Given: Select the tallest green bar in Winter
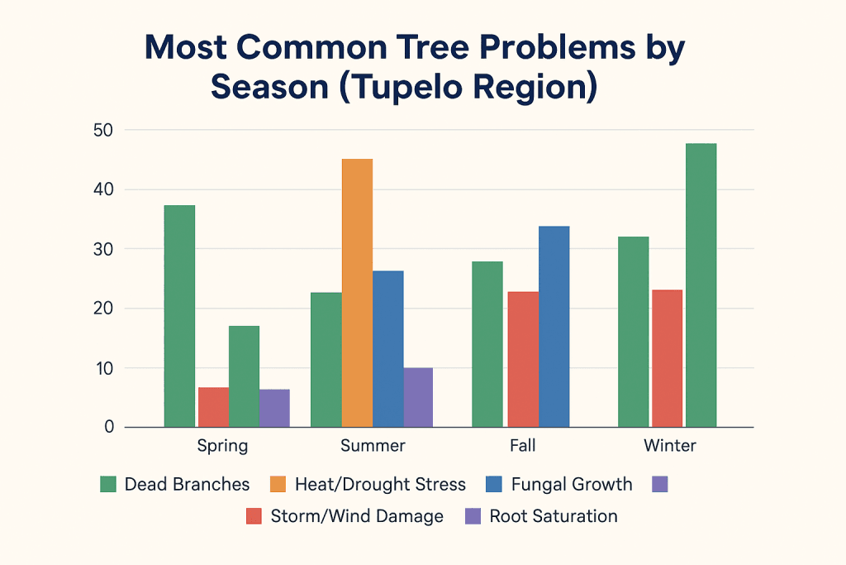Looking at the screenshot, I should point(701,285).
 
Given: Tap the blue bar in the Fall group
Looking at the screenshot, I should point(554,327).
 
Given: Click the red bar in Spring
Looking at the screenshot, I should point(213,407).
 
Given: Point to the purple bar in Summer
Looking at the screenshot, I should point(418,397).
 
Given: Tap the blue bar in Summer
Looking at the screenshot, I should point(387,348).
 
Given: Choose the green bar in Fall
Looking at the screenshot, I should point(487,344).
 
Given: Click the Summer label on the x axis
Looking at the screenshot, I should point(373,446).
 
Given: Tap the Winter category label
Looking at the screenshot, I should point(670,446).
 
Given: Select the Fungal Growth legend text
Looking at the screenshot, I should point(572,484).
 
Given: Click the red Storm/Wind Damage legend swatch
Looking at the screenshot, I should point(254,516).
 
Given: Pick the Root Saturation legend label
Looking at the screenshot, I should point(553,516).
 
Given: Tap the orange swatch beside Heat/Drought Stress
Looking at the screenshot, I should point(278,484).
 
